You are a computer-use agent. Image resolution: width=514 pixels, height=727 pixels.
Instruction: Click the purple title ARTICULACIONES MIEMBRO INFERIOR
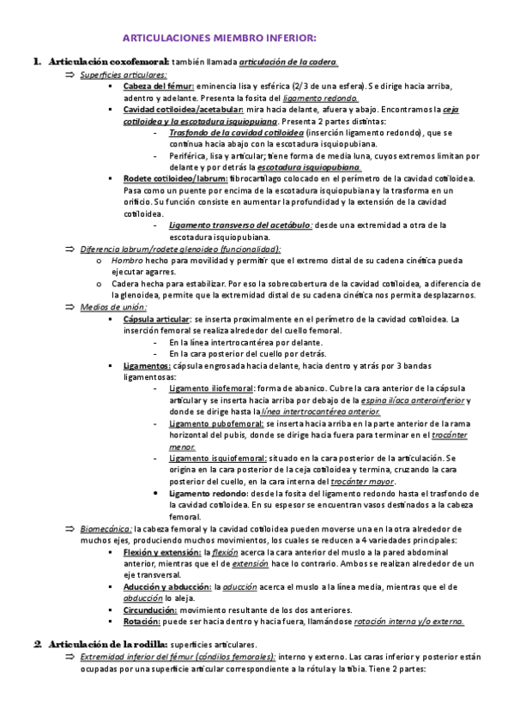click(x=220, y=39)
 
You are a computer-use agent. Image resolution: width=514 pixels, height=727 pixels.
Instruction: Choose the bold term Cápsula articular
click(x=156, y=318)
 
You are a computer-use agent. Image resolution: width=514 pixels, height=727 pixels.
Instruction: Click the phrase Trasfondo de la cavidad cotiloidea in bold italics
click(x=237, y=133)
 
